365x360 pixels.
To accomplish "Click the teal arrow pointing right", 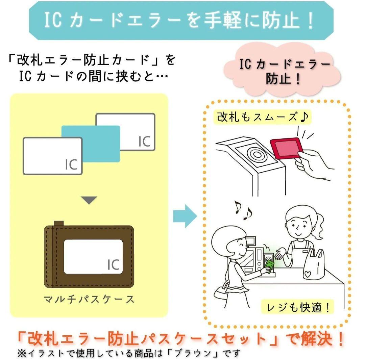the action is coord(185,216).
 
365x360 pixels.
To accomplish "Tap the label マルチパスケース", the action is coord(89,299).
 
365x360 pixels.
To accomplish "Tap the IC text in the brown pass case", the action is coord(113,265).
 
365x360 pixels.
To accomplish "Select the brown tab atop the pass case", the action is coord(59,223).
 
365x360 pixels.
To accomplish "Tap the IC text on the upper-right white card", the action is coord(144,142).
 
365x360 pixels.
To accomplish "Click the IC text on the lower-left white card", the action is coord(71,165).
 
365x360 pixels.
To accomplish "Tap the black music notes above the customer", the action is coord(243,211).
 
